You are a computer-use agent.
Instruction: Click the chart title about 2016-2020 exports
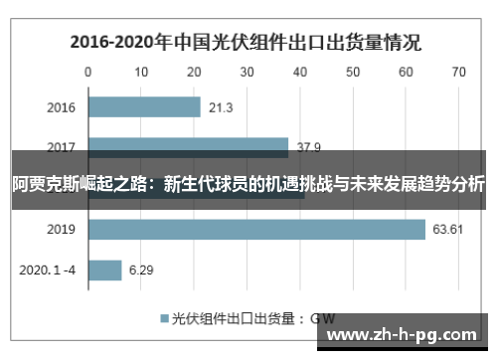pos(245,43)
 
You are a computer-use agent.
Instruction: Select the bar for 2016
pos(145,107)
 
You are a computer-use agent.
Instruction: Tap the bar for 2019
pos(257,230)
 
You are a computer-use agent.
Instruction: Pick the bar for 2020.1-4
pos(105,270)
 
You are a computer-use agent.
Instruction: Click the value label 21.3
pos(223,107)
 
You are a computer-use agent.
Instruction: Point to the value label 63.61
pos(448,230)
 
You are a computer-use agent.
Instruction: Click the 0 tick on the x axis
pos(88,72)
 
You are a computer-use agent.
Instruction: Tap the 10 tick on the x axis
pos(141,72)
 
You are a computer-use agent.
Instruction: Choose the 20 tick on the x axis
pos(194,72)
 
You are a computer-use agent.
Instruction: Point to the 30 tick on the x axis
pos(247,72)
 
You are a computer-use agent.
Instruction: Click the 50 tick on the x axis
pos(353,72)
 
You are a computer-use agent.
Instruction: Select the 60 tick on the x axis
pos(406,72)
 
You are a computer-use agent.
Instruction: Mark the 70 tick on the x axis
pos(458,72)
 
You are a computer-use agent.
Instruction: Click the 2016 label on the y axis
pos(62,107)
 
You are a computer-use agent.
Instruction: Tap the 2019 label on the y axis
pos(62,230)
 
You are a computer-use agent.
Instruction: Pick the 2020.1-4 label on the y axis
pos(49,270)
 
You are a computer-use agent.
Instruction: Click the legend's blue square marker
pos(165,318)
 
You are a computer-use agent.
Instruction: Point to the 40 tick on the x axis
pos(299,72)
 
